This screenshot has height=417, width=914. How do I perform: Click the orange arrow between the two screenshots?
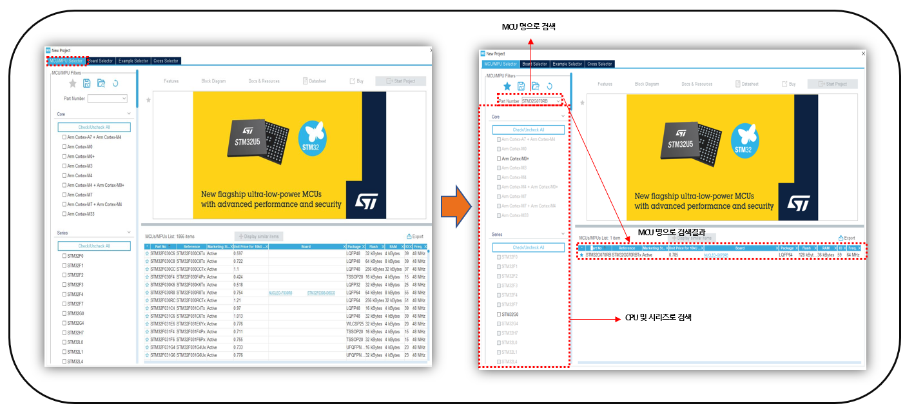(x=456, y=207)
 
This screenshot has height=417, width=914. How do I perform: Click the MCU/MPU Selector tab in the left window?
(x=66, y=61)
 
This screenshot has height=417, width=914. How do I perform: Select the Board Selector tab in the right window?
(x=534, y=64)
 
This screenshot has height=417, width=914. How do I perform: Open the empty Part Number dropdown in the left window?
(x=108, y=99)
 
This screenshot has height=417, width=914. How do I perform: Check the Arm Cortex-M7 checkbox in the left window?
(x=64, y=195)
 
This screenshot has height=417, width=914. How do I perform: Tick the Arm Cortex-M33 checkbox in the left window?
(x=64, y=214)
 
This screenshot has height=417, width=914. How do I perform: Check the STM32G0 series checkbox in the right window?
(x=498, y=315)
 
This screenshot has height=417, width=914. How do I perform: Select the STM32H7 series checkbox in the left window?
(x=64, y=333)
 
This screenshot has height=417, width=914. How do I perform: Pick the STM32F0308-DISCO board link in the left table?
(x=320, y=293)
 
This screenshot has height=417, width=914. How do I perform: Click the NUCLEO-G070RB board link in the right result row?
(x=715, y=255)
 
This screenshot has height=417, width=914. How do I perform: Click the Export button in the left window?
(x=415, y=237)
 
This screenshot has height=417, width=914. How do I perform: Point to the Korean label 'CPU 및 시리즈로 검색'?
(x=658, y=318)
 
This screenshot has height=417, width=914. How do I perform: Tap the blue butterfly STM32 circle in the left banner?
(x=313, y=139)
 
